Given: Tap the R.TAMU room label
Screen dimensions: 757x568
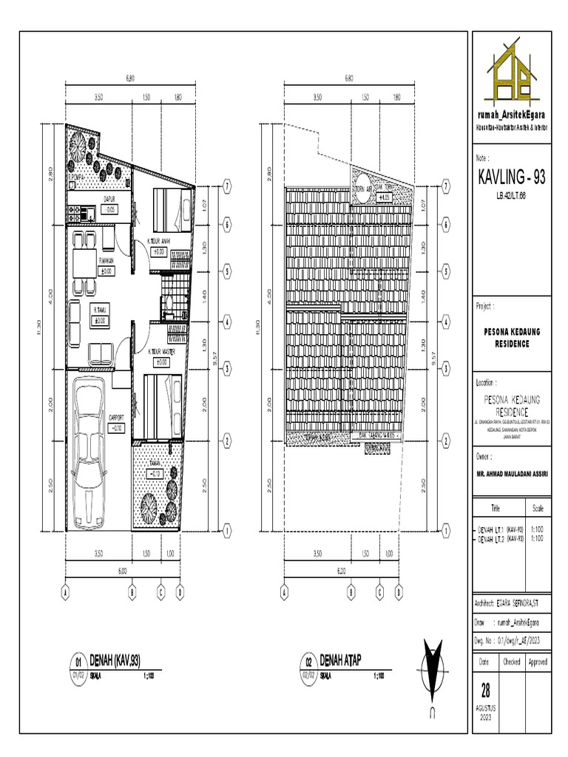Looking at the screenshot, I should [100, 310].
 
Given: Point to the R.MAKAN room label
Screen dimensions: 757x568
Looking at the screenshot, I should [106, 260].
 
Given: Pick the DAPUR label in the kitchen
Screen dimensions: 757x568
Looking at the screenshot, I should [109, 199].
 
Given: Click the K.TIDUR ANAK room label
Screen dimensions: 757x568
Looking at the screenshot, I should [159, 241].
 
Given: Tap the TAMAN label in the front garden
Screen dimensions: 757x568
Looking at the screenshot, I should [155, 464].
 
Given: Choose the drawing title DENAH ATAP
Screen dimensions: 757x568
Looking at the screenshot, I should [339, 659].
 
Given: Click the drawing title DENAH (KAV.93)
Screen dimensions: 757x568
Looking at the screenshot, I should [115, 659].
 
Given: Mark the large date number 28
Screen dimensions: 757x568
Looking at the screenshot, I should [486, 690].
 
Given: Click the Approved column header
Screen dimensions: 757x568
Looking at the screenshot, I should [537, 662].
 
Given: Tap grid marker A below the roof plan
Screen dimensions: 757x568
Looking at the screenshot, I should [284, 592].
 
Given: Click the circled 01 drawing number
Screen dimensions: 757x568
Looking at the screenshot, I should [78, 662].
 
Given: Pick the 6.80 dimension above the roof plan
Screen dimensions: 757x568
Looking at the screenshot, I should [348, 78].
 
